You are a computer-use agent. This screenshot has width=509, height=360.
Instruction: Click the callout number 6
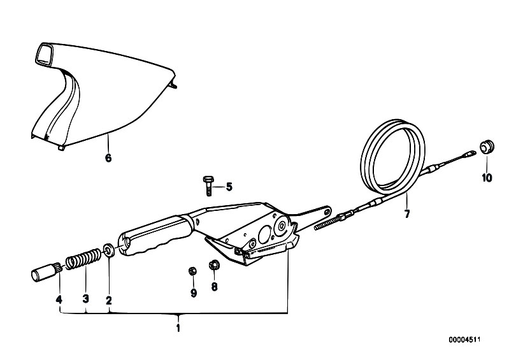click(108, 158)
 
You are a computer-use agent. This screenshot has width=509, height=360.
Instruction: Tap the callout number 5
click(229, 187)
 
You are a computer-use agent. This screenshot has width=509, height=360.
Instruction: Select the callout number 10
click(487, 178)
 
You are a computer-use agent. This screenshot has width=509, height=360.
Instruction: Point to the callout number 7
click(406, 214)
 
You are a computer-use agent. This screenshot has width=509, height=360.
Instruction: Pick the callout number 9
click(194, 293)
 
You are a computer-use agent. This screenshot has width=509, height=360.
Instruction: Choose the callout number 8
click(214, 287)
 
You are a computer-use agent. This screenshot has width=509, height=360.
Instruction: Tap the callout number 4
click(59, 299)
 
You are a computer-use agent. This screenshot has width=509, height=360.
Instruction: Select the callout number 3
click(86, 299)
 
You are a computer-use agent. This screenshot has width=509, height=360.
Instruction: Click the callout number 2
click(109, 300)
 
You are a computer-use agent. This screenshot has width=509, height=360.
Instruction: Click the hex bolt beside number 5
click(208, 186)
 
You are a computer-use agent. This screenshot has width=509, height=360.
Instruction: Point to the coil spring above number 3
click(83, 258)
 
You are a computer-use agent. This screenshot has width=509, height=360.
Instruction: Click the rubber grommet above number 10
click(487, 147)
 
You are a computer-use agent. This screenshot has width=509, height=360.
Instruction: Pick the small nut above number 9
click(192, 271)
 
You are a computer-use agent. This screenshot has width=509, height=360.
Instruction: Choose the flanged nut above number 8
click(214, 265)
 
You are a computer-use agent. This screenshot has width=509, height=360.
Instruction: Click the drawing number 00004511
click(464, 340)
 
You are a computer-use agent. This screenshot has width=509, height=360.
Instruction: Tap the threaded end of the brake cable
click(327, 222)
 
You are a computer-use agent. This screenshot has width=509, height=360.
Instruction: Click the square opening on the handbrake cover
click(44, 55)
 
